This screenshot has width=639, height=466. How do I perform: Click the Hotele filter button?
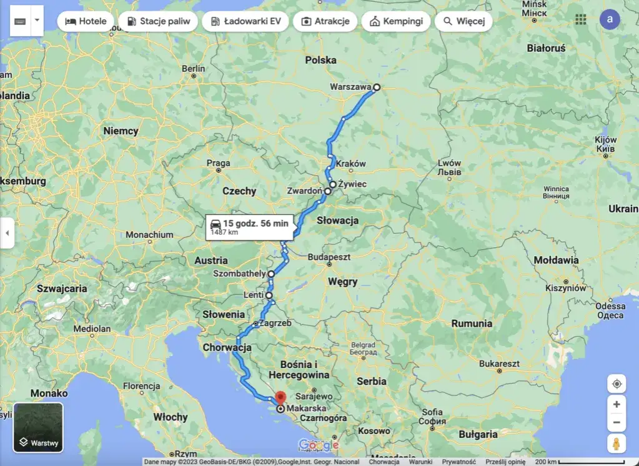(x=86, y=21)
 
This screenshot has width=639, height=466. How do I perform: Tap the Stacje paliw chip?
(x=158, y=21)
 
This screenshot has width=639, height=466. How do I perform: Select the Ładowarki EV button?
(x=245, y=21)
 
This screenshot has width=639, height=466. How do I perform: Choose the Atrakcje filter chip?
(x=325, y=21)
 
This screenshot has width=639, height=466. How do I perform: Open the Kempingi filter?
(x=396, y=21)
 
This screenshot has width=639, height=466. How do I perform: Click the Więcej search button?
(x=463, y=21)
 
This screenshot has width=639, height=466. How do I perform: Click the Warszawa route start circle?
(x=377, y=88)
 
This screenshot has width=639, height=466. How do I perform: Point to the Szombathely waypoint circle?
(x=271, y=274)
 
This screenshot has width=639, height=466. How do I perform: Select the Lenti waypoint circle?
(x=269, y=295)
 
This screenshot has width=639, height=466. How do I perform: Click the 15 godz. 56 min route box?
(x=249, y=227)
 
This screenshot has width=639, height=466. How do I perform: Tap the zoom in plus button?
(x=617, y=404)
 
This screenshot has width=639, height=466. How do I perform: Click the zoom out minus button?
(x=617, y=423)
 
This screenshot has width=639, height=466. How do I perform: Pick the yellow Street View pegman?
(x=617, y=444)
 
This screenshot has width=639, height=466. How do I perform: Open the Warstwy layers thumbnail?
(x=38, y=427)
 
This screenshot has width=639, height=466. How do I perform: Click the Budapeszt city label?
(x=329, y=257)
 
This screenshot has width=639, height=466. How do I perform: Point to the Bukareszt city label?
(x=500, y=364)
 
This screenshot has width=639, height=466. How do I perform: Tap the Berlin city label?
(x=193, y=69)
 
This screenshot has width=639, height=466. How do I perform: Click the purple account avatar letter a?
(x=610, y=19)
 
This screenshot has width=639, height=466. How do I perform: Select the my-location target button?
(x=617, y=384)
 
